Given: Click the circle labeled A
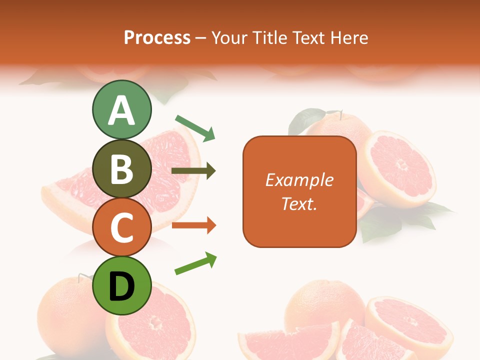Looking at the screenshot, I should (121, 109).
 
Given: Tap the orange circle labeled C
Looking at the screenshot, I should (121, 227).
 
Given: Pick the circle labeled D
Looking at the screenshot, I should (121, 286).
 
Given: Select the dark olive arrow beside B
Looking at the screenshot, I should (193, 171).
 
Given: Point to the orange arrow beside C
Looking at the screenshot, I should (193, 225).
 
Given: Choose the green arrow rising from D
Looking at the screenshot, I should (195, 263).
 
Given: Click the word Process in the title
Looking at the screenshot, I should (157, 37).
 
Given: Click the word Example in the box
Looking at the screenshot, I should (299, 180).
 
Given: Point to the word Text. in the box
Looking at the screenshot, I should (299, 204).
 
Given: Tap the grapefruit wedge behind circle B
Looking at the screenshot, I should (165, 175).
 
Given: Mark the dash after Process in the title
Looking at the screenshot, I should (201, 38).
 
